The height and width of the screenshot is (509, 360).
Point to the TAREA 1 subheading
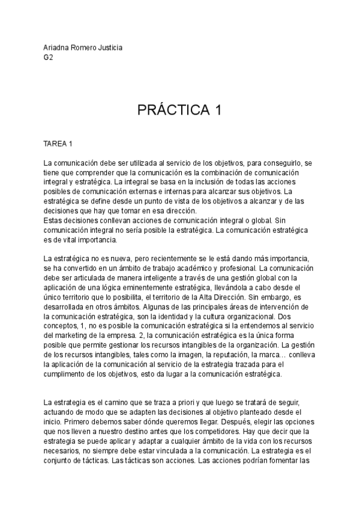point(58,144)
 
